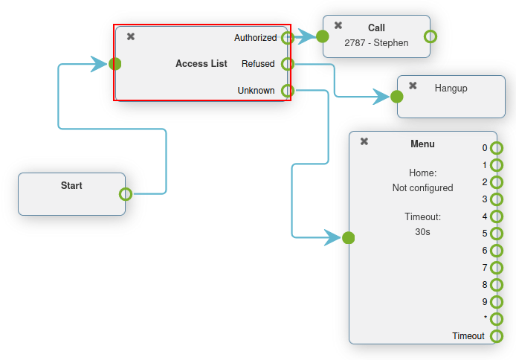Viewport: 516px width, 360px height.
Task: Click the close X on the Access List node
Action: coord(131,36)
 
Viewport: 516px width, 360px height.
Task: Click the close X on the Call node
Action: coord(338,25)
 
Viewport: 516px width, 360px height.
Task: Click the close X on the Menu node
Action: coord(364,141)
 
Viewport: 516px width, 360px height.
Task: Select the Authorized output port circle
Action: coord(287,38)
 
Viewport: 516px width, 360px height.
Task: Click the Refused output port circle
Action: coord(287,64)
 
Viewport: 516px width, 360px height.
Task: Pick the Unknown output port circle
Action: coord(287,91)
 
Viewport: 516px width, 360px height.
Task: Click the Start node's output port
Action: coord(126,194)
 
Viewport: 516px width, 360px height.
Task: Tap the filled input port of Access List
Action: coord(115,64)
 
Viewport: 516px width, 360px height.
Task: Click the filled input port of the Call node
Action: coord(322,36)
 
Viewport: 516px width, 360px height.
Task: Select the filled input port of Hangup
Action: coord(397,96)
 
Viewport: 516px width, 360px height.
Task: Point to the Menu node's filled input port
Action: coord(349,238)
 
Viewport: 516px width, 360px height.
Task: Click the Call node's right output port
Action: coord(430,36)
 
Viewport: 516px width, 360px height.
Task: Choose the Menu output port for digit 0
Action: coord(496,148)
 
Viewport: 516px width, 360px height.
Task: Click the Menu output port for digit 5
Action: coord(496,234)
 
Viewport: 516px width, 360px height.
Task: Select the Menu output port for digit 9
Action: coord(496,302)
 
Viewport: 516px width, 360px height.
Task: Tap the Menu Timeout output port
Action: coord(496,336)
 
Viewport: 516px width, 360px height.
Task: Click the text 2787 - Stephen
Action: coord(376,43)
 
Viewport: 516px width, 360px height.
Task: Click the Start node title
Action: coord(71,186)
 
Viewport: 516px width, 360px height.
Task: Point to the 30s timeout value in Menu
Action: coord(422,232)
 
